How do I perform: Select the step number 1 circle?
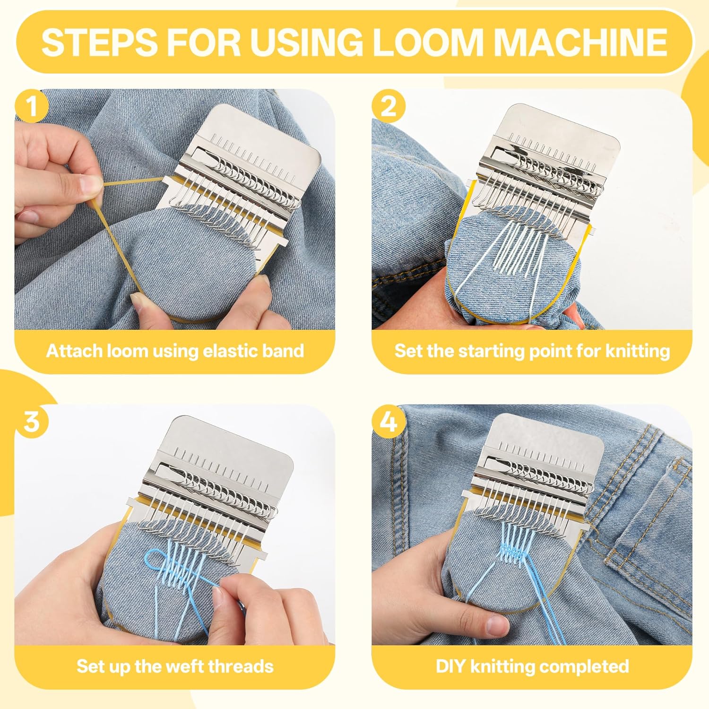31,106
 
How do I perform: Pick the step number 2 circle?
389,106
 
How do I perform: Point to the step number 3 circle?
31,421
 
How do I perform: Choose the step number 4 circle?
389,421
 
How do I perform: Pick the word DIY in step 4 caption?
451,666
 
